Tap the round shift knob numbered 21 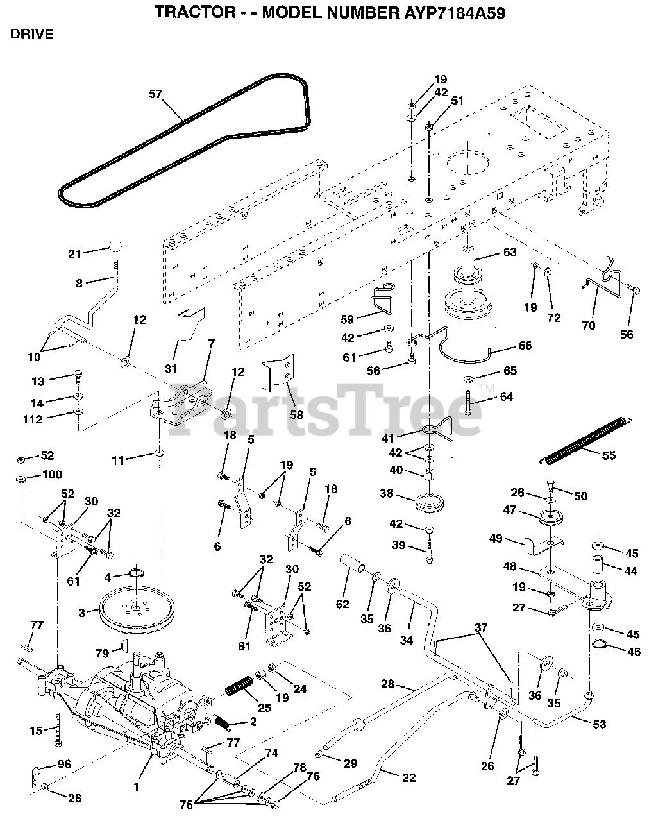pyautogui.click(x=115, y=247)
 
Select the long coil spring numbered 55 pyautogui.click(x=584, y=440)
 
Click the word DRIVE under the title pyautogui.click(x=32, y=35)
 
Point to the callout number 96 pyautogui.click(x=63, y=764)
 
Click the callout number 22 pyautogui.click(x=408, y=777)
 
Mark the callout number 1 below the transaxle pyautogui.click(x=136, y=785)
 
